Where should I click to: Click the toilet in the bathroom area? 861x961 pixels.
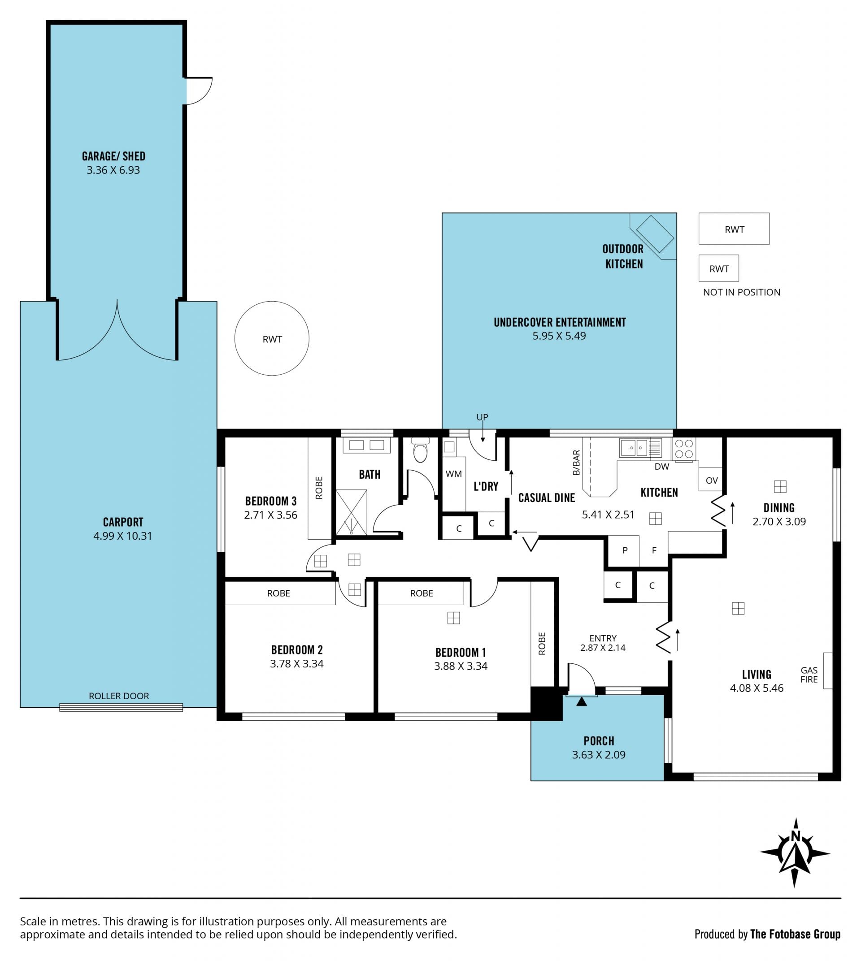pyautogui.click(x=420, y=450)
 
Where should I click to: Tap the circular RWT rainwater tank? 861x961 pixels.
pyautogui.click(x=272, y=338)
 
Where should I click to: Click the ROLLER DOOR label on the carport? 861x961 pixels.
pyautogui.click(x=119, y=696)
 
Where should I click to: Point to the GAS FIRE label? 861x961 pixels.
pyautogui.click(x=809, y=675)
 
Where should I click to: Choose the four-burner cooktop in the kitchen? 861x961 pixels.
pyautogui.click(x=683, y=449)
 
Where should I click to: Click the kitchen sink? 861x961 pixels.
pyautogui.click(x=634, y=447)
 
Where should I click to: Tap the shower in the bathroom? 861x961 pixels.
pyautogui.click(x=351, y=512)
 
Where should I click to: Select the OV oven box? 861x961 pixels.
pyautogui.click(x=712, y=480)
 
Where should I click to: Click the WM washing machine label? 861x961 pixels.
pyautogui.click(x=454, y=474)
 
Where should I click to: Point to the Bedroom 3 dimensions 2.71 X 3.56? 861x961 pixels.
pyautogui.click(x=270, y=515)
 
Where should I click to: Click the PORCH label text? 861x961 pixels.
pyautogui.click(x=599, y=741)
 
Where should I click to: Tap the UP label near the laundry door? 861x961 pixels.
pyautogui.click(x=482, y=417)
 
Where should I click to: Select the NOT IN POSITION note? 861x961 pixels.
pyautogui.click(x=742, y=292)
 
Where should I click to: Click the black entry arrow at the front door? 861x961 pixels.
pyautogui.click(x=582, y=701)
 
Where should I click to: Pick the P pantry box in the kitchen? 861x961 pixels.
pyautogui.click(x=625, y=550)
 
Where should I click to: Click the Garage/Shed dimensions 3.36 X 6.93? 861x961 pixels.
pyautogui.click(x=113, y=170)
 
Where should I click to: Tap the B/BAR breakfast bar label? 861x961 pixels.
pyautogui.click(x=576, y=463)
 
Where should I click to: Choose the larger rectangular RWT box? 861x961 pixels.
pyautogui.click(x=734, y=229)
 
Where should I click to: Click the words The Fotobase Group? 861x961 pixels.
pyautogui.click(x=795, y=934)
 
